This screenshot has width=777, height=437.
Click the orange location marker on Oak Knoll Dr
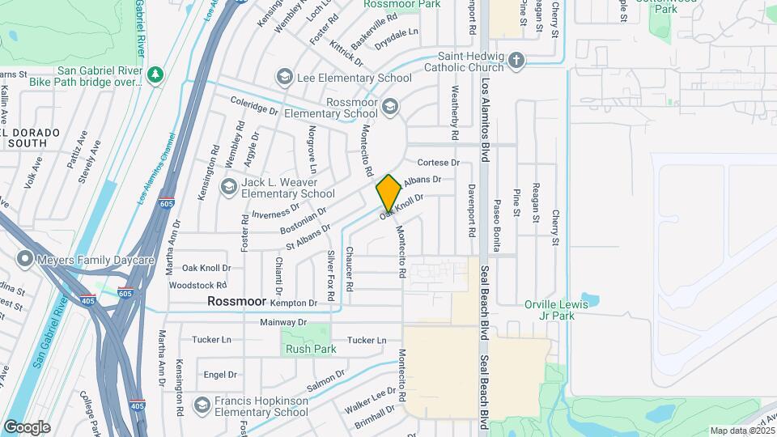coord(388,193)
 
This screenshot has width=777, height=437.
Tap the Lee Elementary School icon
coord(284,78)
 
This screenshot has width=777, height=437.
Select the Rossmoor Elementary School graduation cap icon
coord(390,107)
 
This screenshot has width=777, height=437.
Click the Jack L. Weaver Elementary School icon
coord(228,187)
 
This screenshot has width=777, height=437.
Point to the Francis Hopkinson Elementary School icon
coord(202,402)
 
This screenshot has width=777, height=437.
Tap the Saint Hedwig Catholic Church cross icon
coord(516,62)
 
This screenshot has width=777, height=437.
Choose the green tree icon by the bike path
coord(155,74)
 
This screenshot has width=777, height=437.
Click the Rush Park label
coord(299,350)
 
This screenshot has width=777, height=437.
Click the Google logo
coord(27,426)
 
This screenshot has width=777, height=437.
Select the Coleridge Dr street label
coord(254,105)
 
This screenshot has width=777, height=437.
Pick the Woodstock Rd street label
coord(198,286)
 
